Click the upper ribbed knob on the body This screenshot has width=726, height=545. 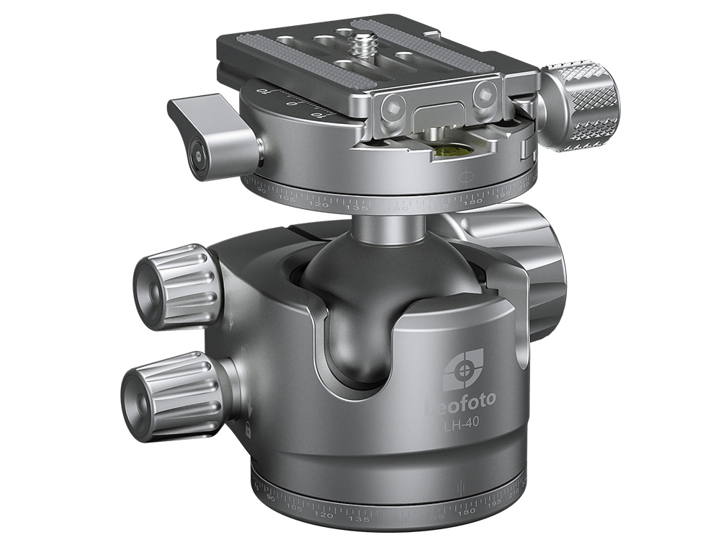[x=176, y=285]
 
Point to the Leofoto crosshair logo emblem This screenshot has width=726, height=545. [x=462, y=369]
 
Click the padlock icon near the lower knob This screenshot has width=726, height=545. [x=248, y=430]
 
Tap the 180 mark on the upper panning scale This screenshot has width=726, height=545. [x=472, y=201]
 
